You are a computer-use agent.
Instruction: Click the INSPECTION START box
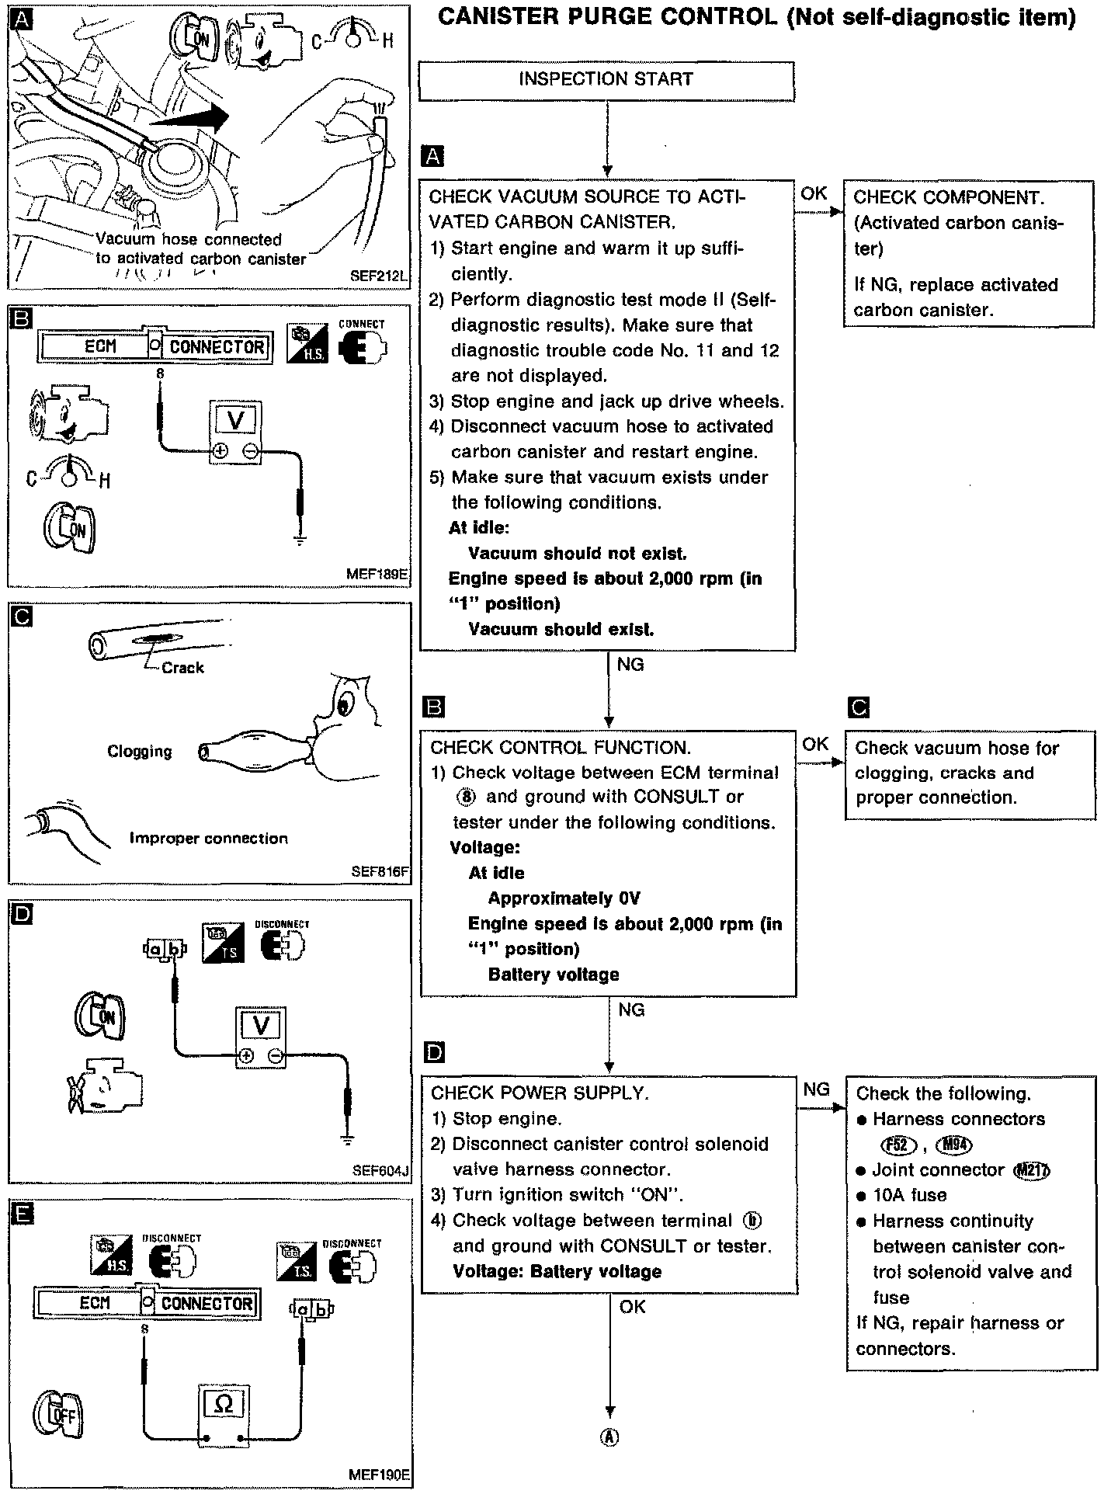(606, 80)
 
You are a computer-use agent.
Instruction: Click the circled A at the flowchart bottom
(610, 1437)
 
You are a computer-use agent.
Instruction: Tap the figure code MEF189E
(378, 575)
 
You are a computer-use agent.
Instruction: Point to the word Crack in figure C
(182, 668)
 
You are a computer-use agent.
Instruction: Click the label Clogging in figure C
(140, 752)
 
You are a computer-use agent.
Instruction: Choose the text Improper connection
(208, 839)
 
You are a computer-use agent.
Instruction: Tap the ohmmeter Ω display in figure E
(222, 1403)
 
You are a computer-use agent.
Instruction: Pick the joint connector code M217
(1032, 1170)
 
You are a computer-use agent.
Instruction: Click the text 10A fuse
(909, 1195)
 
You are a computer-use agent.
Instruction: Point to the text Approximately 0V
(564, 898)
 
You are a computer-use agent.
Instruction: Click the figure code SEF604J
(380, 1169)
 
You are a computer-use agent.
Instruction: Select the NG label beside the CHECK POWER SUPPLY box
(816, 1089)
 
